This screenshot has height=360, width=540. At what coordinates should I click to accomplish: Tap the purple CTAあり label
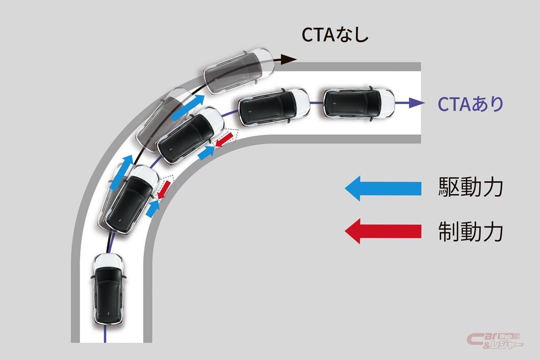point(470,104)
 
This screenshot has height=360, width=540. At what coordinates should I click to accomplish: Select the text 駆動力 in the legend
point(470,188)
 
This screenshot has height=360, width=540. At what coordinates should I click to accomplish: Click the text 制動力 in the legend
point(470,232)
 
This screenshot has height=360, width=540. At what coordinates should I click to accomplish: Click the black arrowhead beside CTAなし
point(290,59)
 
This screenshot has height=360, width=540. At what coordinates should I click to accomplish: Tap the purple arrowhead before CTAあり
point(418,103)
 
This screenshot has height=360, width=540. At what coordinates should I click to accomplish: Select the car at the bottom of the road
point(108,288)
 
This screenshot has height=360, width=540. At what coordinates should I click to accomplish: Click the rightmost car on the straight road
point(358,103)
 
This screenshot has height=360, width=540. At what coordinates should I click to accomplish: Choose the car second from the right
point(274,107)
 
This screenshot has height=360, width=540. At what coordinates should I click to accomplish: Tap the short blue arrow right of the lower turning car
point(152,208)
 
